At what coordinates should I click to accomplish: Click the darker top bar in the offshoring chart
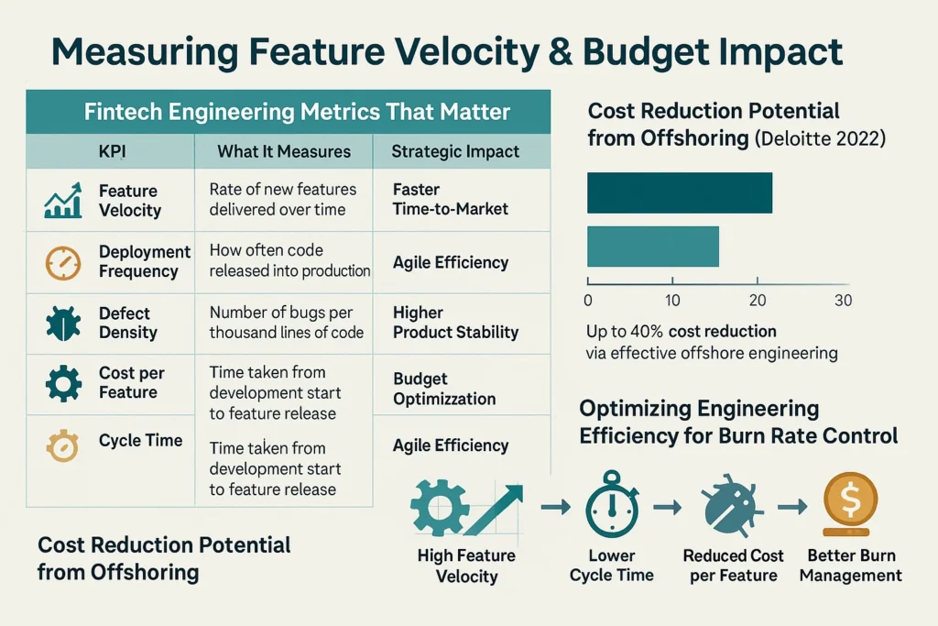tap(679, 193)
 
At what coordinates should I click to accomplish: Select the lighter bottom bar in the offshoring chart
tap(652, 247)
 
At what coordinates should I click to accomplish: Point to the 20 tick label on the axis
tap(758, 301)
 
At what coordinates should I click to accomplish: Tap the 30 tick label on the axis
tap(842, 301)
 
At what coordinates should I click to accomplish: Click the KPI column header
tap(111, 151)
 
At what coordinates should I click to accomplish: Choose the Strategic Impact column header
tap(455, 151)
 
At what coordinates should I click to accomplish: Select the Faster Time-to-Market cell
tap(450, 199)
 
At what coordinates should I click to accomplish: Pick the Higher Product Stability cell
tap(455, 323)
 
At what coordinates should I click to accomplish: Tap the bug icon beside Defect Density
tap(62, 324)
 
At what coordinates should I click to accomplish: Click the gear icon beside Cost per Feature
tap(63, 383)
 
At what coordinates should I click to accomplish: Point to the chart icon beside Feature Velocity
tap(62, 201)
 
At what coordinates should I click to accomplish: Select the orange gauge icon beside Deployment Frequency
tap(62, 262)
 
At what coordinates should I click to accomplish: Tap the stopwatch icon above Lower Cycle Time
tap(612, 505)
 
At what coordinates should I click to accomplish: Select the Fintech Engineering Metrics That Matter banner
tap(288, 112)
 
